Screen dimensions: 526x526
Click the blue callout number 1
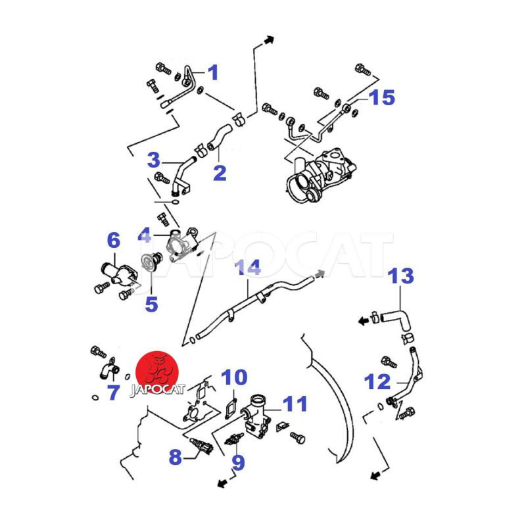pyautogui.click(x=213, y=72)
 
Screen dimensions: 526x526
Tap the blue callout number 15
pyautogui.click(x=382, y=97)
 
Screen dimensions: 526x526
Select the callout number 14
pyautogui.click(x=248, y=268)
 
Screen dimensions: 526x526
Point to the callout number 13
pyautogui.click(x=400, y=275)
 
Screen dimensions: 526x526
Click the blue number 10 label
pyautogui.click(x=234, y=377)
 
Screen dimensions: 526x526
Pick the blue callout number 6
pyautogui.click(x=113, y=240)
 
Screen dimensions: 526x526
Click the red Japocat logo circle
pyautogui.click(x=157, y=372)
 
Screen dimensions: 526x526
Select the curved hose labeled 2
pyautogui.click(x=220, y=136)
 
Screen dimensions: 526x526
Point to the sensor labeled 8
pyautogui.click(x=201, y=446)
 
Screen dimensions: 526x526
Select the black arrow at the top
pyautogui.click(x=269, y=40)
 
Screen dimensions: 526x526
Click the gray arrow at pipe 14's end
pyautogui.click(x=320, y=274)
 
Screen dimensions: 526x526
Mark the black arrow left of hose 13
pyautogui.click(x=364, y=322)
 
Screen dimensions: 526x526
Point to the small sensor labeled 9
pyautogui.click(x=234, y=439)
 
